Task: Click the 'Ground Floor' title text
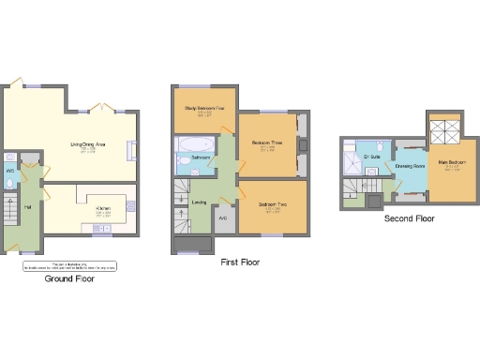pyautogui.click(x=71, y=278)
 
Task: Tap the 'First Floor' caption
pyautogui.click(x=239, y=263)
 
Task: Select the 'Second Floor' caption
pyautogui.click(x=410, y=218)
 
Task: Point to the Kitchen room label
pyautogui.click(x=104, y=208)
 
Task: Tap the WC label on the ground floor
pyautogui.click(x=9, y=172)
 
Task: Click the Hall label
pyautogui.click(x=27, y=208)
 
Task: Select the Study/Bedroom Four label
pyautogui.click(x=204, y=109)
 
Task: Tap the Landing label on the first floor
pyautogui.click(x=199, y=202)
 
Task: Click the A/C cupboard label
pyautogui.click(x=222, y=218)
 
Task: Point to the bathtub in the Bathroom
pyautogui.click(x=192, y=143)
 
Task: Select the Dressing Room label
pyautogui.click(x=410, y=166)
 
